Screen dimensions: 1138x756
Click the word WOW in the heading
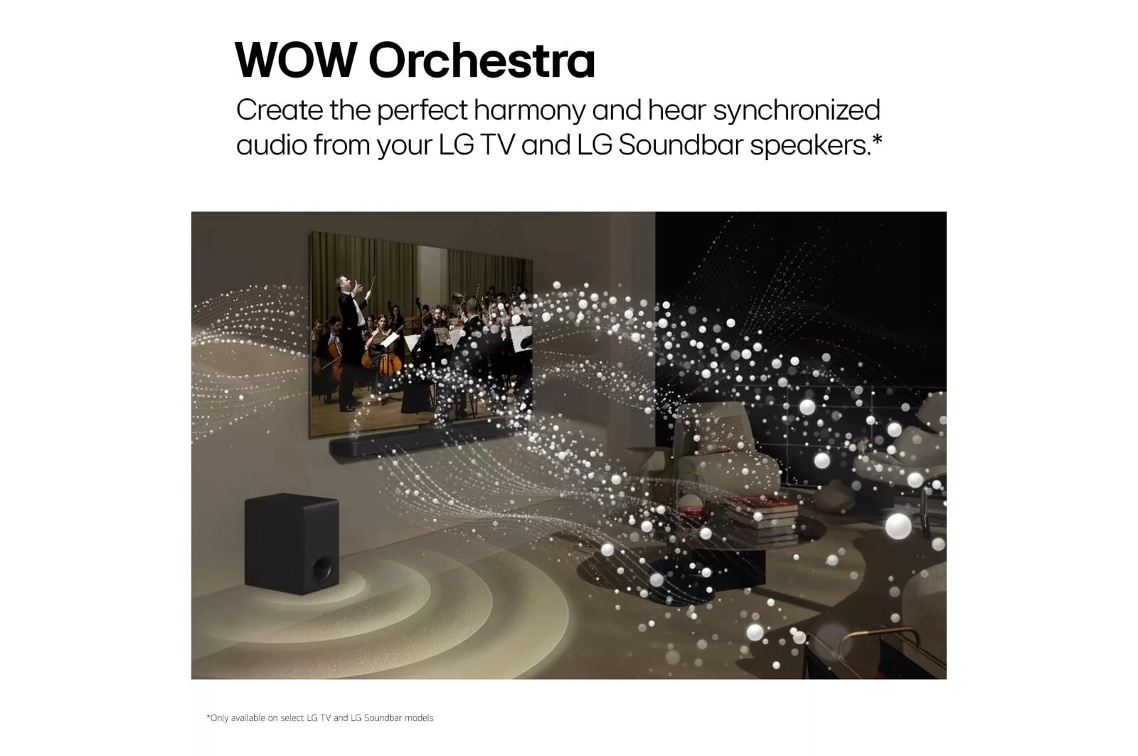pyautogui.click(x=295, y=60)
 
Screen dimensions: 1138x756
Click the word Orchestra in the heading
pyautogui.click(x=482, y=60)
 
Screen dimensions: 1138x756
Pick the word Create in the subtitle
pyautogui.click(x=280, y=110)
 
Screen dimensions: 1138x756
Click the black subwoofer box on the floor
pyautogui.click(x=292, y=543)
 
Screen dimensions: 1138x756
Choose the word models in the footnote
pyautogui.click(x=419, y=718)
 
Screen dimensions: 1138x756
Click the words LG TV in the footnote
pyautogui.click(x=319, y=718)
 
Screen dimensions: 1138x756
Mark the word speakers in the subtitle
pyautogui.click(x=810, y=145)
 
